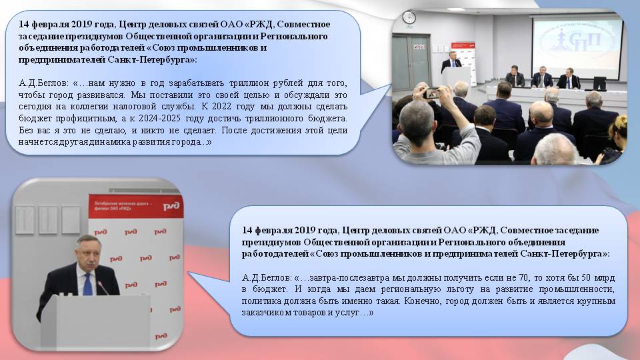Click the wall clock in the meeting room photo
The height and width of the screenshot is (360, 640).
pyautogui.click(x=409, y=17)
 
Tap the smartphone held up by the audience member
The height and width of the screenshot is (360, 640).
pyautogui.click(x=431, y=93)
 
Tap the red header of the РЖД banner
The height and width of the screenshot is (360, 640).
pyautogui.click(x=136, y=206)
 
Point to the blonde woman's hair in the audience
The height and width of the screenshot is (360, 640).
pyautogui.click(x=619, y=127)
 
